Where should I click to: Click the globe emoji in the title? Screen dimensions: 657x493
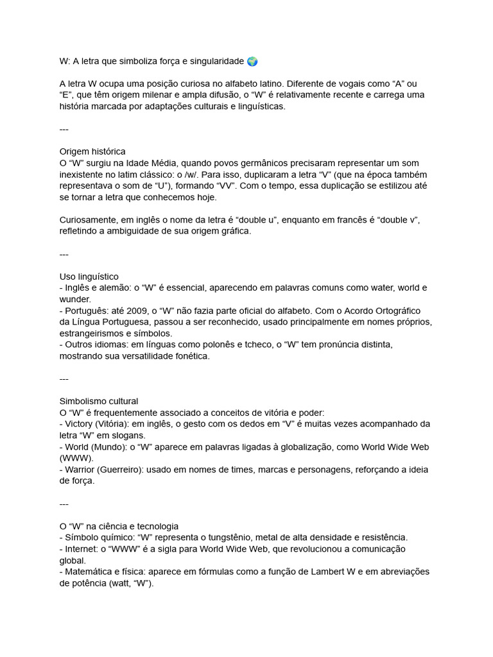pyautogui.click(x=252, y=62)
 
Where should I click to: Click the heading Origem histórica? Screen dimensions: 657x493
pyautogui.click(x=92, y=151)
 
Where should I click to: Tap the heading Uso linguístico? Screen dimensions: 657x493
pyautogui.click(x=89, y=276)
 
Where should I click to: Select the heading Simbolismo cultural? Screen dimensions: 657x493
pyautogui.click(x=99, y=401)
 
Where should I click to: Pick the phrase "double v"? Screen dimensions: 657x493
pyautogui.click(x=399, y=220)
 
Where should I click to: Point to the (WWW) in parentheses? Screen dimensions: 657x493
pyautogui.click(x=76, y=458)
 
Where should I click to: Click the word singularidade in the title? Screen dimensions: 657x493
pyautogui.click(x=218, y=62)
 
